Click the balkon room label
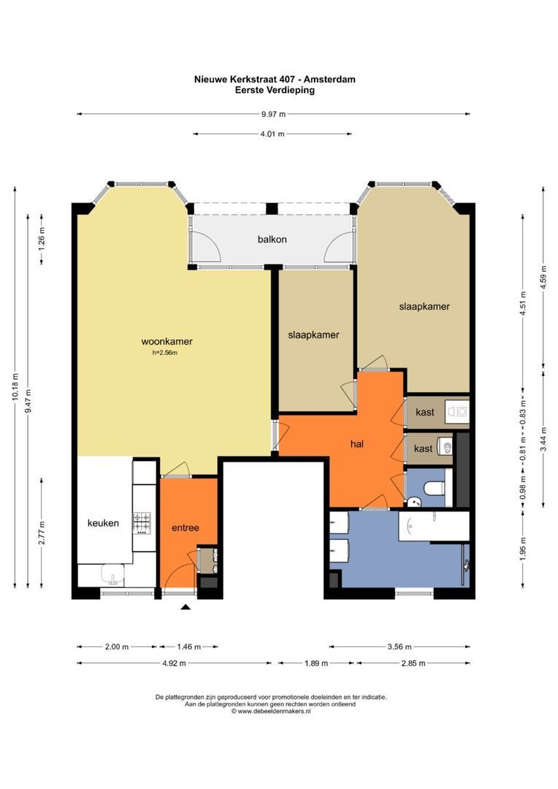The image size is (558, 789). pos(272,240)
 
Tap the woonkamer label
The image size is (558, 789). pos(167,342)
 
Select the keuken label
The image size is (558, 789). pos(103,523)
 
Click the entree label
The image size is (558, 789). pos(186,528)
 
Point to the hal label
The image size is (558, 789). pos(356,444)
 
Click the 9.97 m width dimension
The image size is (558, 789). pos(273,114)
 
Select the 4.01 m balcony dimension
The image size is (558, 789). pos(272,134)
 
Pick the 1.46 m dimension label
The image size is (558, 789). pos(188,647)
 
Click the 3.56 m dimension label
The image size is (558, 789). pos(400,647)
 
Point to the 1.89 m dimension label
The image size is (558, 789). pos(316,663)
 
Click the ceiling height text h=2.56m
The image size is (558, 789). pos(165,353)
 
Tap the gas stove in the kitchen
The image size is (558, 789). pos(142,523)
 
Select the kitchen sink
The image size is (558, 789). pos(112,575)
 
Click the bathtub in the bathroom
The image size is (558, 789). pos(434,526)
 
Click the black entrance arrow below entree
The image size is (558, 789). pos(186,607)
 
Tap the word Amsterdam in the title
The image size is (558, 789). pos(329,79)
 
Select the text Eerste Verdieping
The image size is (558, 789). pos(275,90)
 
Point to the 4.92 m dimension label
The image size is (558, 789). pos(174,663)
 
